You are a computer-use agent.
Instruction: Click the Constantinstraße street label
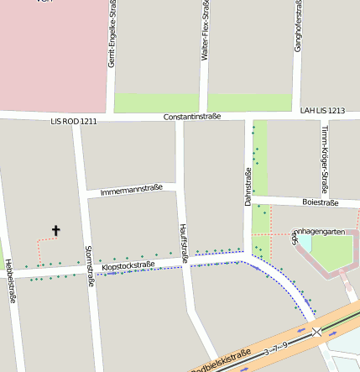pyautogui.click(x=195, y=117)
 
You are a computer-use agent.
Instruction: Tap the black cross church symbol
pyautogui.click(x=56, y=230)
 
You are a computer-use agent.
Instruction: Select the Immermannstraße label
pyautogui.click(x=131, y=189)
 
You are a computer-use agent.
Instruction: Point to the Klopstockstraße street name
pyautogui.click(x=128, y=266)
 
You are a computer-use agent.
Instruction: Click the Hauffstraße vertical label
pyautogui.click(x=184, y=244)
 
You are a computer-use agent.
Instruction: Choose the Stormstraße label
pyautogui.click(x=89, y=265)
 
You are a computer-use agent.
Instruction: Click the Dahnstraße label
pyautogui.click(x=248, y=187)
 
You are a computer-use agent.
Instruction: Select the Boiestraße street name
pyautogui.click(x=320, y=202)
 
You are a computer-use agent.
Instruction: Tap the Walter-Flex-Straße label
pyautogui.click(x=206, y=31)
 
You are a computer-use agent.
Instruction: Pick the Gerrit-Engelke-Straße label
pyautogui.click(x=112, y=35)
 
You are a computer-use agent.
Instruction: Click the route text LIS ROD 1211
pyautogui.click(x=74, y=122)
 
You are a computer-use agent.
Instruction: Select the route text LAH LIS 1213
pyautogui.click(x=322, y=110)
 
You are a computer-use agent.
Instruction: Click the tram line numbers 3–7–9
pyautogui.click(x=275, y=346)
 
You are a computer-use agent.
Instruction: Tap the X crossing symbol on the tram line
pyautogui.click(x=317, y=333)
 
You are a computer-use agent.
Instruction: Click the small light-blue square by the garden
pyautogui.click(x=305, y=243)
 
